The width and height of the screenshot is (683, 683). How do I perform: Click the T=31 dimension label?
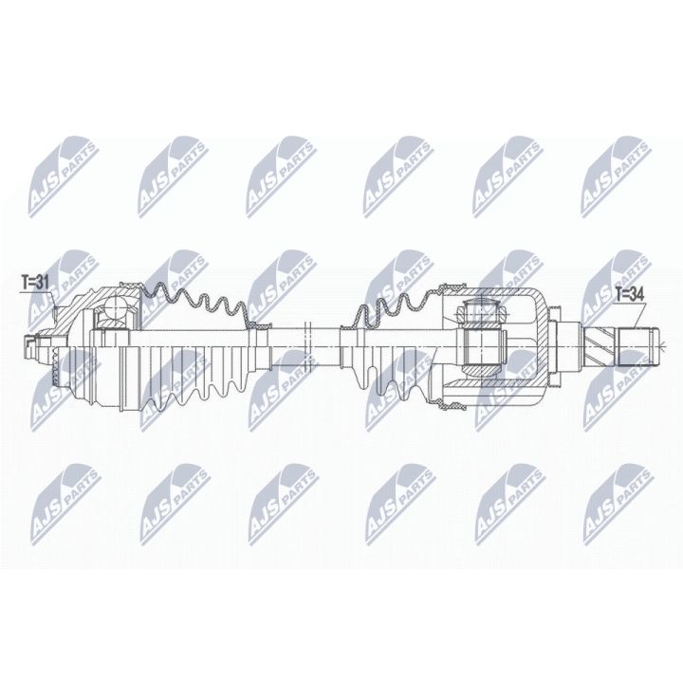(35, 281)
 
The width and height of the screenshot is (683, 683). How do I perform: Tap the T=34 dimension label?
(629, 293)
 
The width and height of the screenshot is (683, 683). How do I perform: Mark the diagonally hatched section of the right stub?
(600, 341)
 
